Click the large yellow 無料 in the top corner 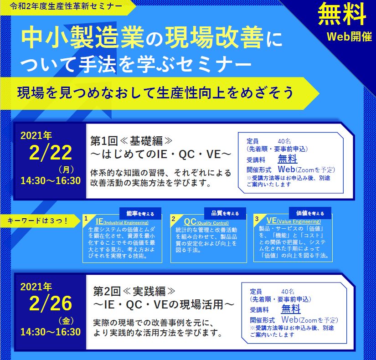pos(342,15)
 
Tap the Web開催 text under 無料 pos(349,37)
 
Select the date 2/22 pos(50,153)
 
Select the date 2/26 pos(50,303)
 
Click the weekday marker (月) pos(66,170)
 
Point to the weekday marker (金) pos(66,321)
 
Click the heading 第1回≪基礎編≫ pos(131,141)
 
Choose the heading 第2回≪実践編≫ pos(134,291)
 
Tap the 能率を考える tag pos(140,213)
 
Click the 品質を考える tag pos(225,213)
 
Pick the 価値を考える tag pos(310,213)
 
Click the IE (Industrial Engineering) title pos(122,221)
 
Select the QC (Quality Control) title pos(206,222)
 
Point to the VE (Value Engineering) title pos(294,221)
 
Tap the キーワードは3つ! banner pos(38,221)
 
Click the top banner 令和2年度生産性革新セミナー pos(66,6)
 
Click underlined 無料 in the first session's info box pos(288,159)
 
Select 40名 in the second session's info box pos(288,291)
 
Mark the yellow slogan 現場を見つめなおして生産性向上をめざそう pos(155,93)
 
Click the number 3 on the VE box pos(257,219)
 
